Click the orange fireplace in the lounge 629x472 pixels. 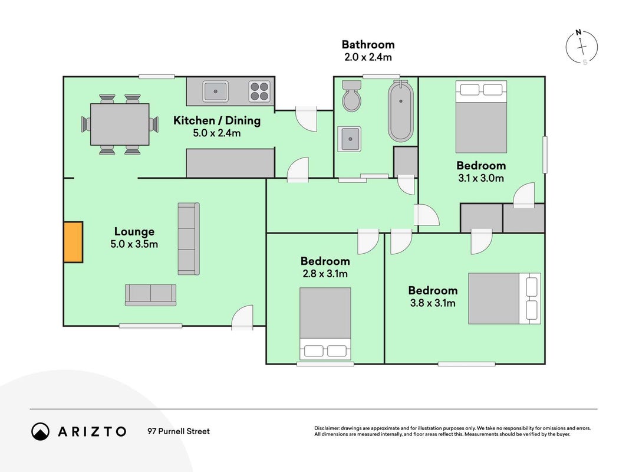click(74, 242)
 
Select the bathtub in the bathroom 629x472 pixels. click(400, 111)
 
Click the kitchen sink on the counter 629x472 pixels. click(215, 91)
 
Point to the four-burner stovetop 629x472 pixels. click(259, 91)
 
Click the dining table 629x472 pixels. click(120, 124)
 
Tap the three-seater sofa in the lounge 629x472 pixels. click(189, 239)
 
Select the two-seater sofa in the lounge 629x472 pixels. click(150, 295)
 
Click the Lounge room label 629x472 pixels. click(134, 232)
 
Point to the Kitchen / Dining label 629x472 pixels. click(217, 120)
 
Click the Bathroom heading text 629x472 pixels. click(368, 44)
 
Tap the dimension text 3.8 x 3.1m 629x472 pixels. click(433, 303)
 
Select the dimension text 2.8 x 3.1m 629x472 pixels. click(325, 274)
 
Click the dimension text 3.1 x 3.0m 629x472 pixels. click(481, 178)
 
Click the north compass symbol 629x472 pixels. click(582, 47)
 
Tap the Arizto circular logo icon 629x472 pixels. click(41, 431)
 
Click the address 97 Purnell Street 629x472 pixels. click(179, 431)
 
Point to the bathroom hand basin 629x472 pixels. click(350, 139)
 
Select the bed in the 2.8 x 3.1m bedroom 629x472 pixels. click(325, 323)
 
